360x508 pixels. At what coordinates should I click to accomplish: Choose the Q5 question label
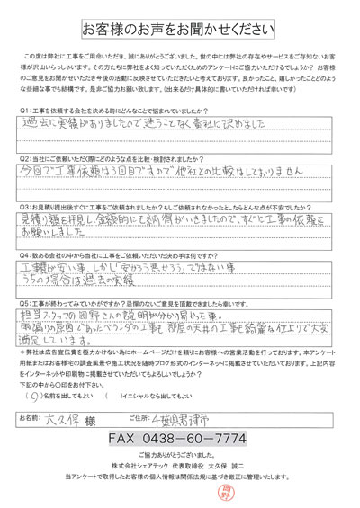click(26, 306)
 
